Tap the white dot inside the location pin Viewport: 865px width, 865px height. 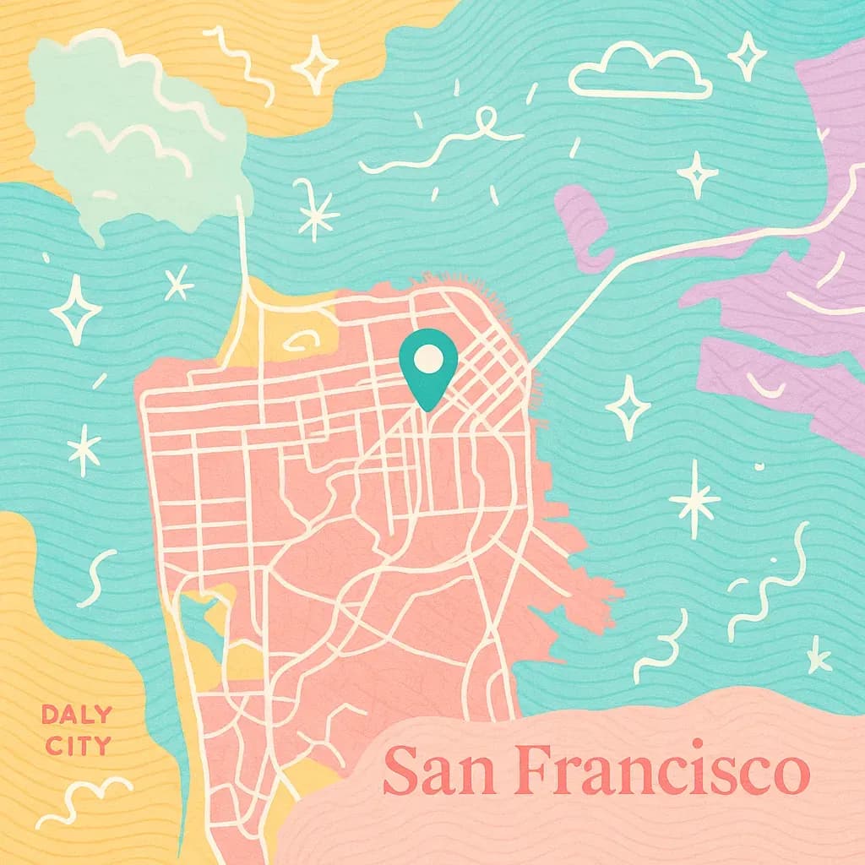428,358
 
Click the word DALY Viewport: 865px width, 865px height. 76,715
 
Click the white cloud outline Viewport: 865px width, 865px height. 639,71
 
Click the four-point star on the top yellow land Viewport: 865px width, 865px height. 315,64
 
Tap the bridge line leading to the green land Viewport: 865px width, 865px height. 244,245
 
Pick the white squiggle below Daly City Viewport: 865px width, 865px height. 84,802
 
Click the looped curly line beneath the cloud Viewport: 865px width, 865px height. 439,144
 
